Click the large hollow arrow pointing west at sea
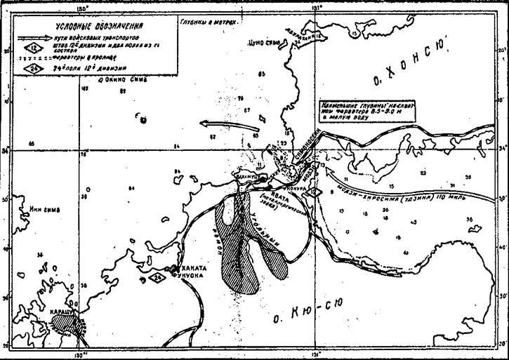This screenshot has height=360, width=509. pos(230,126)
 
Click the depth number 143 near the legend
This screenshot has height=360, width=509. pos(85,90)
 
